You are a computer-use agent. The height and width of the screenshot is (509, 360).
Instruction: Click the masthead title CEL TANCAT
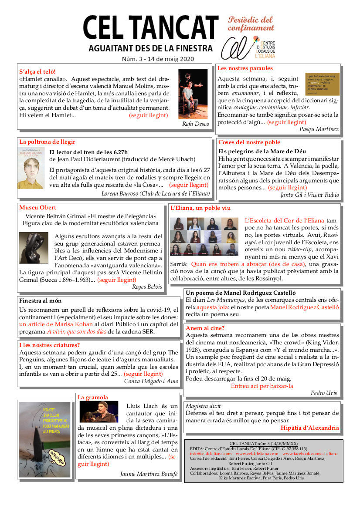[x=150, y=29]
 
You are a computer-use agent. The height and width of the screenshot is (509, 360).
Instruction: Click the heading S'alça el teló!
[x=37, y=71]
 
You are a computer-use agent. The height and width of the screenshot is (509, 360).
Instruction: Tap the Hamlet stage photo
[x=193, y=94]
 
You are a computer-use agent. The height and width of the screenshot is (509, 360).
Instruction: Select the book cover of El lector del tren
[x=31, y=168]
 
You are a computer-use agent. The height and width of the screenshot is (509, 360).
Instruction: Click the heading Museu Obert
[x=37, y=208]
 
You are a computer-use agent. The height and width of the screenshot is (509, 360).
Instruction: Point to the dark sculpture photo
[x=34, y=248]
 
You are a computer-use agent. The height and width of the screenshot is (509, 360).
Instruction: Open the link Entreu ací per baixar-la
[x=262, y=386]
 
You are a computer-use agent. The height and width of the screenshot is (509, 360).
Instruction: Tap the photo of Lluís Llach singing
[x=98, y=412]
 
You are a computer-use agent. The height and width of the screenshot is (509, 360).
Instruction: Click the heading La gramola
[x=92, y=398]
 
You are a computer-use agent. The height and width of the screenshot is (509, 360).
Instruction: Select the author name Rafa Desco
[x=196, y=124]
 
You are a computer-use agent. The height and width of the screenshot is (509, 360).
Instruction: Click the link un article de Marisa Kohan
[x=56, y=324]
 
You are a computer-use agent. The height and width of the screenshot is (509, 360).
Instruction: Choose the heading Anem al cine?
[x=205, y=328]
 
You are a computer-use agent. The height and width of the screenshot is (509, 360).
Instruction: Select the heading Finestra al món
[x=41, y=301]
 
